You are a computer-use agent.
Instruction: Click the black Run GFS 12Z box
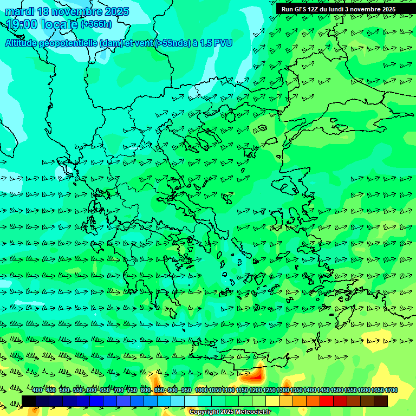coord(339,9)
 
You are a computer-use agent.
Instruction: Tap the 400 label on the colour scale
coord(37,391)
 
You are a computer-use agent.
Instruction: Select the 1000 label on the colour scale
coord(201,391)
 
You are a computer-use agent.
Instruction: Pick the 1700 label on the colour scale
coord(391,391)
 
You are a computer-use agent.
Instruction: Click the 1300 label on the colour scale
coord(283,391)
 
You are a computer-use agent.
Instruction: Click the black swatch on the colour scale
coord(29,401)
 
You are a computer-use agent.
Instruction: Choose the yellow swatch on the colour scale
coord(272,401)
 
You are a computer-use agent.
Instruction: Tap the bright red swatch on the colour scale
coord(327,401)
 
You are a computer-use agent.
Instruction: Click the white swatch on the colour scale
coord(191,401)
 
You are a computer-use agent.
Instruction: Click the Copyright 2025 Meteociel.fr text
coord(230,412)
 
